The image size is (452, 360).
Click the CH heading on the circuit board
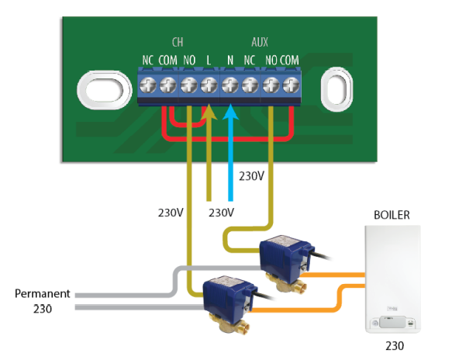(178, 42)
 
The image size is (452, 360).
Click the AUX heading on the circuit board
(260, 42)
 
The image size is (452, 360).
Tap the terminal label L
(209, 61)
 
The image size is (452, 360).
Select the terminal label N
(230, 61)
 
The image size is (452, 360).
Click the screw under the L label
(209, 85)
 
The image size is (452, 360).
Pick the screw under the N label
(229, 85)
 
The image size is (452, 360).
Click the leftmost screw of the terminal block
(147, 85)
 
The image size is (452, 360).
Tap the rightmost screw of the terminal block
(292, 85)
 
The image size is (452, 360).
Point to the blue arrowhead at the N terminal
(230, 112)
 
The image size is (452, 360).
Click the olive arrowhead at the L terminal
(209, 112)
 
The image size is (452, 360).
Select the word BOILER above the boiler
(392, 215)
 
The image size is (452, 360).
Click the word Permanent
(43, 293)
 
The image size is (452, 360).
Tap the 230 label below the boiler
(395, 345)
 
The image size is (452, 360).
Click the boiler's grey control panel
(392, 322)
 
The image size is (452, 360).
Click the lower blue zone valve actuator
(229, 297)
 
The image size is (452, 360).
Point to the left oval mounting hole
(105, 90)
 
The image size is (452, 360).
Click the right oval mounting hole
(336, 89)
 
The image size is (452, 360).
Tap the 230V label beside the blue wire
(251, 176)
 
